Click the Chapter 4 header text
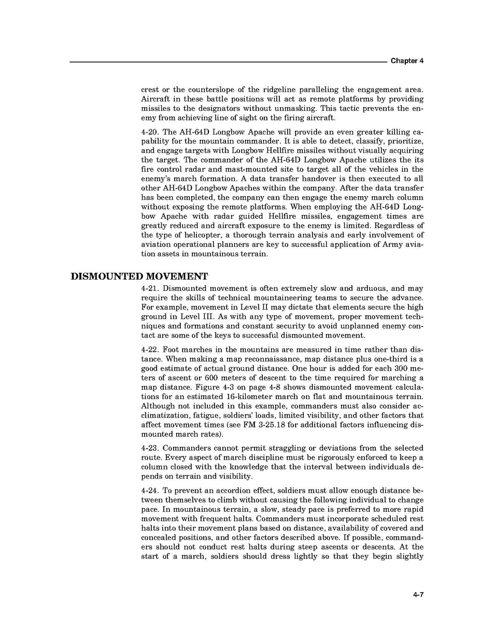coord(407,61)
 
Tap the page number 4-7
coord(418,595)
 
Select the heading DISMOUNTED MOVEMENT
coord(139,276)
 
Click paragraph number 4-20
coord(150,132)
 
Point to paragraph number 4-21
coord(150,289)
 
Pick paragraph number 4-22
coord(150,349)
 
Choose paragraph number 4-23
coord(150,448)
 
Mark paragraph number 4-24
coord(150,491)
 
